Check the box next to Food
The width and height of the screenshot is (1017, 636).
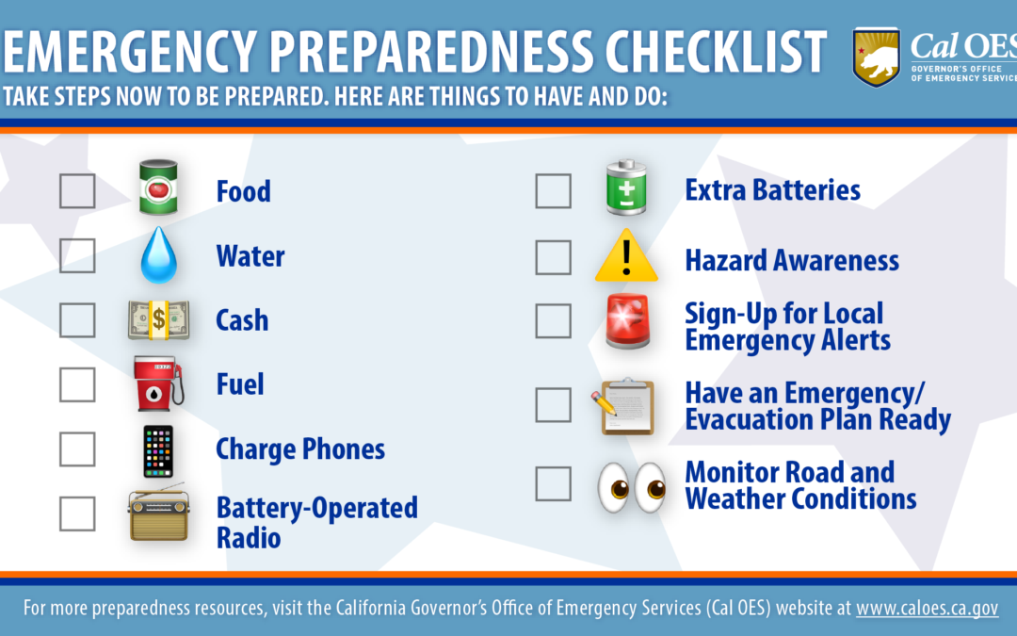tap(77, 190)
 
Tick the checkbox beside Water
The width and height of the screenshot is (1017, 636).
tap(77, 255)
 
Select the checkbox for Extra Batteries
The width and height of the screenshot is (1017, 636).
tap(554, 190)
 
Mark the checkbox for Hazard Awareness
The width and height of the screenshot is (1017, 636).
tap(554, 257)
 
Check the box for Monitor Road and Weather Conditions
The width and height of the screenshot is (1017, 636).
tap(554, 483)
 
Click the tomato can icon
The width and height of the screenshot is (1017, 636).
tap(158, 188)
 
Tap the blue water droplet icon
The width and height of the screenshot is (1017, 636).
tap(159, 255)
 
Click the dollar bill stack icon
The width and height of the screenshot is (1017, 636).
tap(159, 320)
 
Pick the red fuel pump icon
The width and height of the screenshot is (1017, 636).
tap(158, 383)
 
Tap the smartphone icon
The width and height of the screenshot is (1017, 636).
tap(158, 451)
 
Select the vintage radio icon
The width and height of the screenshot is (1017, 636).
tap(159, 513)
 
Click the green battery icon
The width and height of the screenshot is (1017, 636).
tap(626, 188)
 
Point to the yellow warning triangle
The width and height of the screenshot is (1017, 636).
tap(626, 255)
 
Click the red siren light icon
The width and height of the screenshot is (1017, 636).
tap(626, 321)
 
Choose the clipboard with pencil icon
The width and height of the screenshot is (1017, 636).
tap(623, 406)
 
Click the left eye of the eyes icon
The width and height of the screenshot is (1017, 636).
tap(614, 487)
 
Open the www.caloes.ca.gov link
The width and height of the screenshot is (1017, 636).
tap(927, 608)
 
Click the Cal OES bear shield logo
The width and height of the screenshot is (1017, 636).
tap(877, 57)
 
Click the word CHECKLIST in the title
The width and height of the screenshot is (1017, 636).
tap(716, 51)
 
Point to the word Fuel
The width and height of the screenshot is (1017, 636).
tap(240, 384)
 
